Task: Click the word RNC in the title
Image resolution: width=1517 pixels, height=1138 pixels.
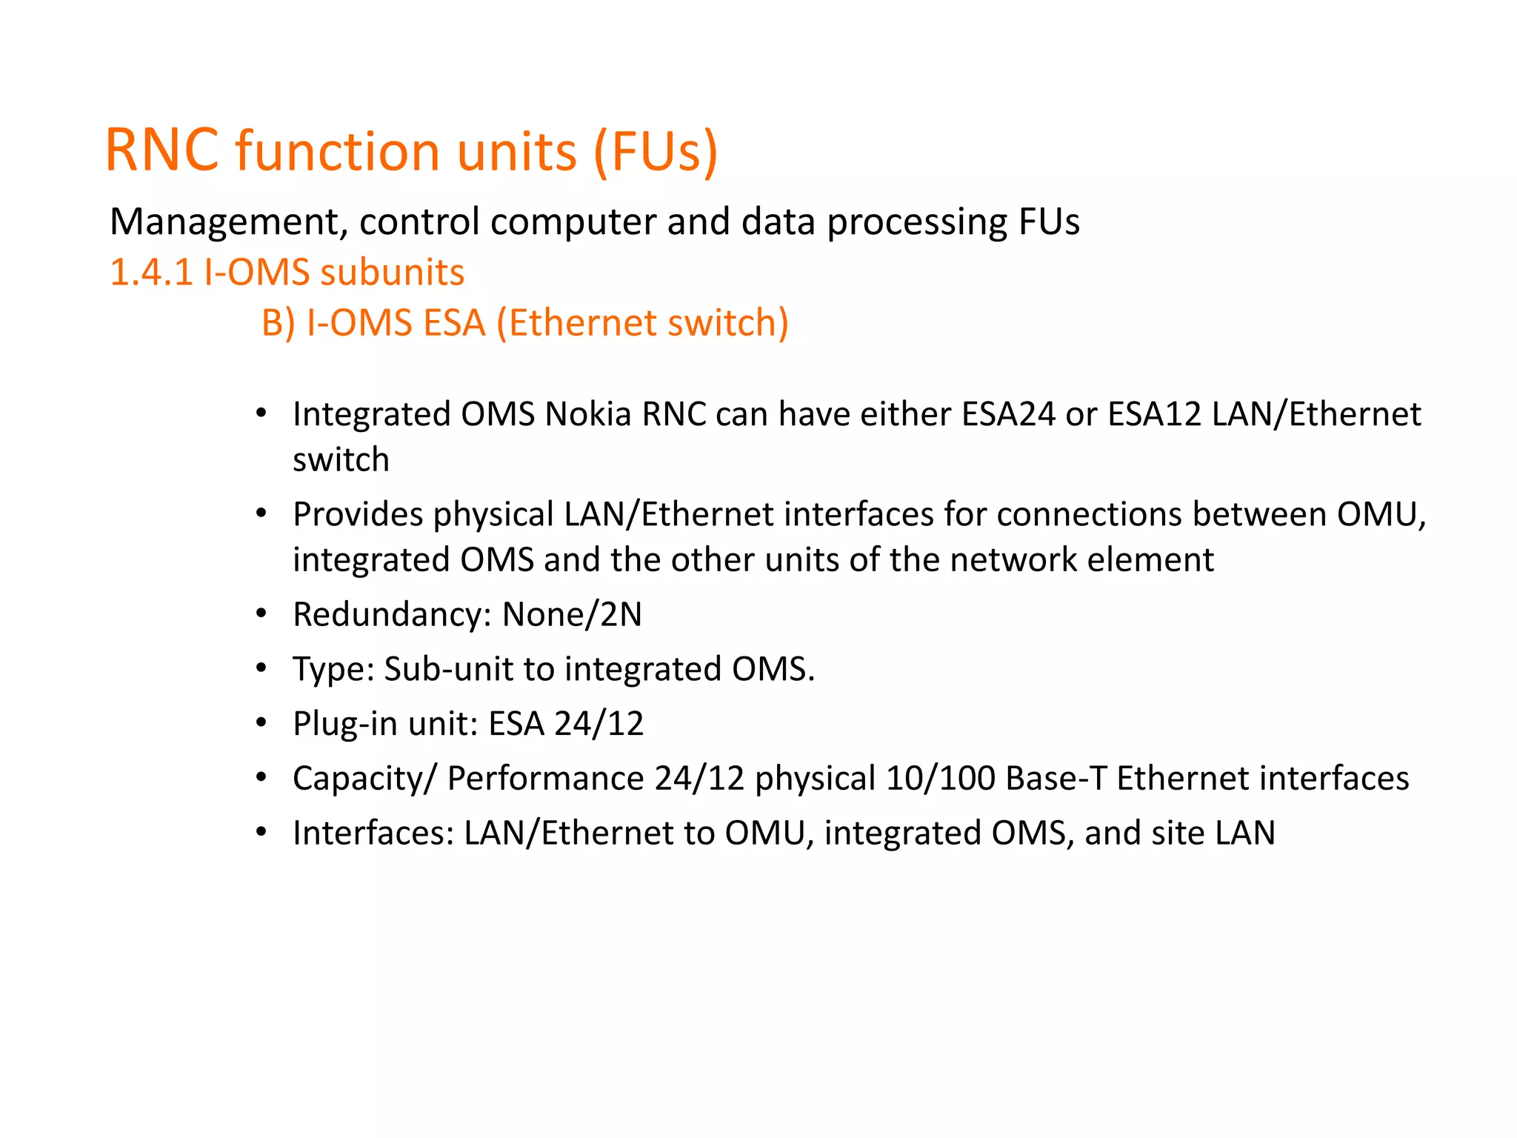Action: click(162, 150)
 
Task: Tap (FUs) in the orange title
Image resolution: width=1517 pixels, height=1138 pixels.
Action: click(656, 152)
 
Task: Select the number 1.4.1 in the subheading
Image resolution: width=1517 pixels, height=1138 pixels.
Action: click(151, 273)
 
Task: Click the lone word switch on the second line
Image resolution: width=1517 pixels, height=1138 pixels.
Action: click(341, 460)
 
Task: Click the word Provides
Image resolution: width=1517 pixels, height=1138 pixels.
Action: click(359, 515)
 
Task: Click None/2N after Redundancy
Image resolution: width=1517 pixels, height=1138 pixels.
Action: click(572, 615)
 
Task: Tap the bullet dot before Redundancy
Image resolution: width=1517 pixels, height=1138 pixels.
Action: click(261, 614)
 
